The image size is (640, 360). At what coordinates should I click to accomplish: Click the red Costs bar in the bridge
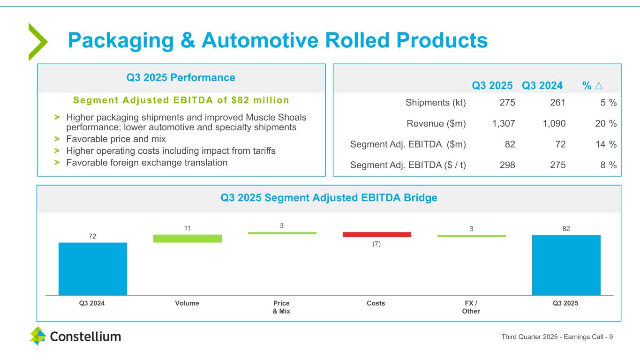[x=376, y=234]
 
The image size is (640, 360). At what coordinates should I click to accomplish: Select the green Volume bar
[x=187, y=238]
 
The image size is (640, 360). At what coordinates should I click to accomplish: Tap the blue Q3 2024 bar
[x=93, y=269]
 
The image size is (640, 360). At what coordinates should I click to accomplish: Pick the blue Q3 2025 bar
[x=566, y=265]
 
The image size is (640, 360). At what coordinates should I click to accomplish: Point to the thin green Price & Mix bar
[x=282, y=232]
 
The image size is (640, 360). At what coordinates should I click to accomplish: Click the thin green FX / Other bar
[x=471, y=236]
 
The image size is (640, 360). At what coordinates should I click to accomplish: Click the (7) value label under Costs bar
[x=376, y=244]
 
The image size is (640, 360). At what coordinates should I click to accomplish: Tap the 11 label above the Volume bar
[x=187, y=228]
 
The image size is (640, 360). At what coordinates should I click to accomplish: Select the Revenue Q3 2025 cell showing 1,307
[x=504, y=123]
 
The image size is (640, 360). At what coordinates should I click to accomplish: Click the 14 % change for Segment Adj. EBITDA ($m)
[x=606, y=144]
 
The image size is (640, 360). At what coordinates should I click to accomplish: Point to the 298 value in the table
[x=508, y=165]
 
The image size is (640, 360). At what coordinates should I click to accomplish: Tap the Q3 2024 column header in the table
[x=542, y=85]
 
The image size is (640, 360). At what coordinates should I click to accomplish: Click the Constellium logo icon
[x=38, y=336]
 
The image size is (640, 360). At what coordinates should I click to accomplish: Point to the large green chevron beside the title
[x=37, y=42]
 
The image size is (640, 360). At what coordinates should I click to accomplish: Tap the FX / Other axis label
[x=471, y=307]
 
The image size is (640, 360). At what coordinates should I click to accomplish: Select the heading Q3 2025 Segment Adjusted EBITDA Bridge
[x=329, y=198]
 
